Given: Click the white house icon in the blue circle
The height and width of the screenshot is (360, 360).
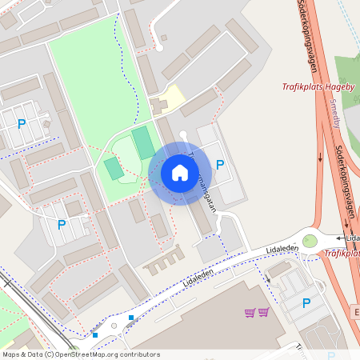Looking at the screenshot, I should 179,172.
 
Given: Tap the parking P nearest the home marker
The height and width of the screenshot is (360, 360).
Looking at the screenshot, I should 220,165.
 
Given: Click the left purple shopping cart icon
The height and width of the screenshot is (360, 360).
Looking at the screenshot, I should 250,312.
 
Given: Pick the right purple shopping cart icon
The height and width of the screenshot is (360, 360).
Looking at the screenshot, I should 263,312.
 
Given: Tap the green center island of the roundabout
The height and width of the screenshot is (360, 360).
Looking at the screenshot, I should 310,241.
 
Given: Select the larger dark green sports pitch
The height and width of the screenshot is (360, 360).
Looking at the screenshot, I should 143,142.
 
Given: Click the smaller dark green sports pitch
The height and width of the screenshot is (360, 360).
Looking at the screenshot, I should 114,169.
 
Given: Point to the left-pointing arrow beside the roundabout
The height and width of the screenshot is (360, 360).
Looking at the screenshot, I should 341,238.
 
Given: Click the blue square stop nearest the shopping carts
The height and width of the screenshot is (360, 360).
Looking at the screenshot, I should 131,318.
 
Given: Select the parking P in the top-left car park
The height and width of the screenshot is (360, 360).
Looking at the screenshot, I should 22,124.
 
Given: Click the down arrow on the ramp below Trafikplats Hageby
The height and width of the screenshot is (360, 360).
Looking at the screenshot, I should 321,156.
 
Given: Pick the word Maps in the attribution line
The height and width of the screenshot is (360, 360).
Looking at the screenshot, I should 11,354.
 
